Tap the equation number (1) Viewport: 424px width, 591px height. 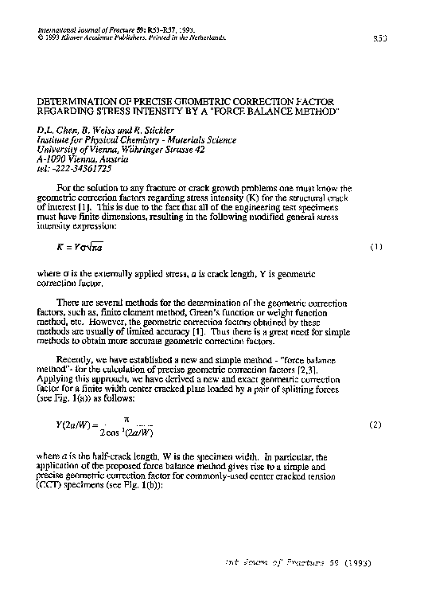point(376,247)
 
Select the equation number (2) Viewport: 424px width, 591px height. point(376,426)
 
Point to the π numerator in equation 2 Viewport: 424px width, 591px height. point(124,417)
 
